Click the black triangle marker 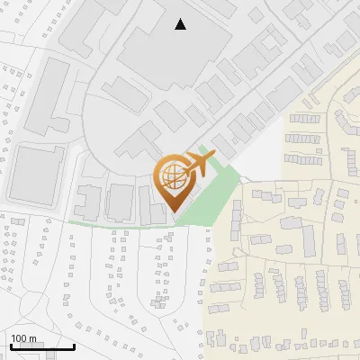pos(181,24)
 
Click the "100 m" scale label pos(24,339)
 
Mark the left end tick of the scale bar pos(11,346)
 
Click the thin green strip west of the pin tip pos(108,223)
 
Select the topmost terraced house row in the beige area pos(303,118)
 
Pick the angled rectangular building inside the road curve pos(123,94)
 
